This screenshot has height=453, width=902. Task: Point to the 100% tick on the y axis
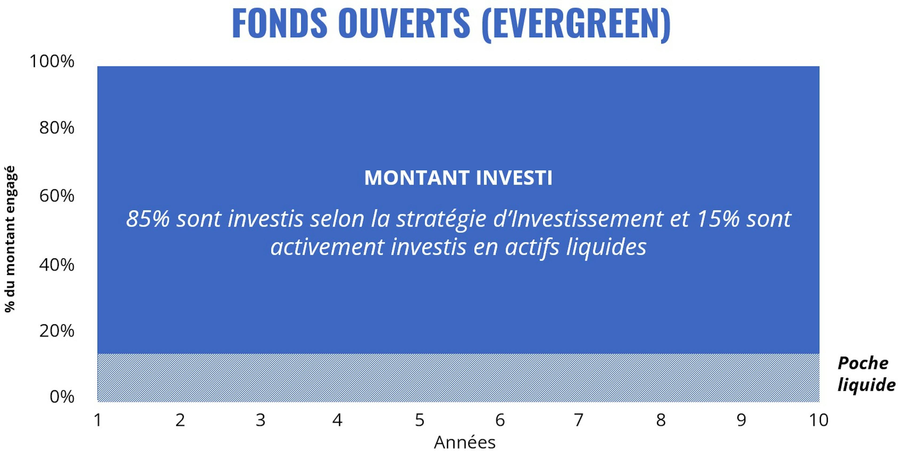tap(52, 61)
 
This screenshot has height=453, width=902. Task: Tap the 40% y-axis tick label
tap(57, 265)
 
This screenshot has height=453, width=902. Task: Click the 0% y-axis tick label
tap(62, 397)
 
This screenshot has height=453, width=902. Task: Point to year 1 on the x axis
tap(98, 420)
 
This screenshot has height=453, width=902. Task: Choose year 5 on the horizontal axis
tap(420, 420)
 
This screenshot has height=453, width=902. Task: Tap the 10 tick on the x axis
tap(819, 420)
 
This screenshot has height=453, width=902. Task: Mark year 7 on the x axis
tap(579, 420)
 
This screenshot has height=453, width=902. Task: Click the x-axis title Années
tap(465, 442)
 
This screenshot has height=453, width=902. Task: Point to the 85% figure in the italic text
tap(148, 219)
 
